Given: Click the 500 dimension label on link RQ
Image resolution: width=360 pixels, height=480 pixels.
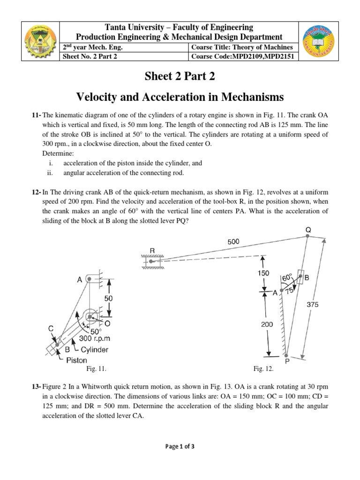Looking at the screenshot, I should pyautogui.click(x=233, y=242).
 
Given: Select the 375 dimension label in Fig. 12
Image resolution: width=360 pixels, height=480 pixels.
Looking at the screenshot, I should pyautogui.click(x=313, y=304).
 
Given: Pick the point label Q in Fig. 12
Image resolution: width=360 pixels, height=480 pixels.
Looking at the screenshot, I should pyautogui.click(x=308, y=229).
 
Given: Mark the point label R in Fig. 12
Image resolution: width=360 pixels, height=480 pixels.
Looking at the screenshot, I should pyautogui.click(x=152, y=250).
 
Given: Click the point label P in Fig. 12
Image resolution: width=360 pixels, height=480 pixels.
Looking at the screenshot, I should pyautogui.click(x=286, y=362).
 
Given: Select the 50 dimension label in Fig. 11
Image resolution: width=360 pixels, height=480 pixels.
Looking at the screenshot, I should pyautogui.click(x=108, y=298).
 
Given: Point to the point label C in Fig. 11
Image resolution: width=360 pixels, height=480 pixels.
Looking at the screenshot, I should pyautogui.click(x=51, y=329).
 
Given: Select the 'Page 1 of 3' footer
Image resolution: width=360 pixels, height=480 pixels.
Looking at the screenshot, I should pyautogui.click(x=180, y=447).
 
